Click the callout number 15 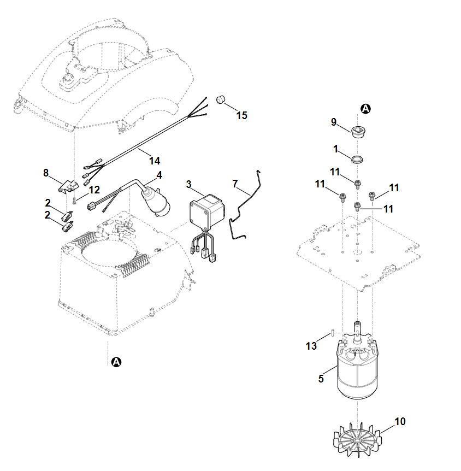coord(241,115)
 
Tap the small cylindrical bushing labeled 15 coord(222,99)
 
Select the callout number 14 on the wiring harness coord(155,161)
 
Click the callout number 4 coord(159,175)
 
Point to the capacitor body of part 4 coord(157,202)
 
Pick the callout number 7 coord(235,184)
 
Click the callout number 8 coord(46,173)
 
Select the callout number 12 coord(94,190)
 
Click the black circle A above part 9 coord(365,109)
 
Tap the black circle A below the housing coord(116,362)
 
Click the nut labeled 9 coord(358,132)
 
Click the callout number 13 coord(311,346)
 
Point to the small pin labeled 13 coord(332,333)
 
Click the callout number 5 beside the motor coord(321,378)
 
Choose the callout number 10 coord(400,421)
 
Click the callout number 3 coord(188,184)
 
